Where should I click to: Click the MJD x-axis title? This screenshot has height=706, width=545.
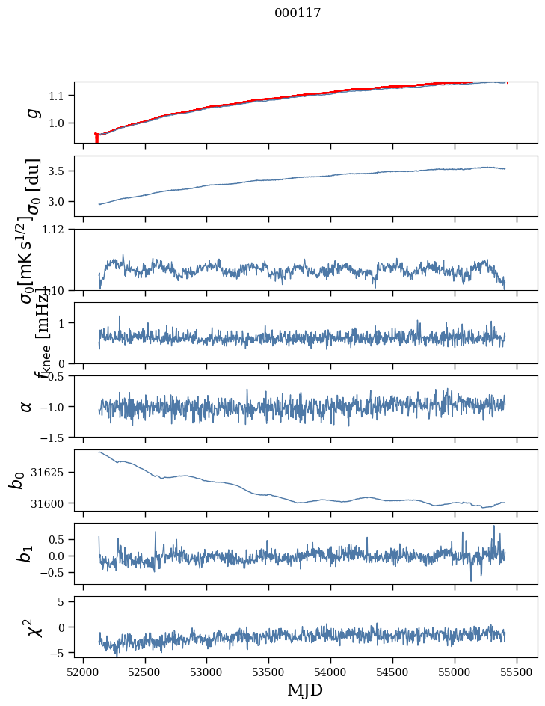click(305, 690)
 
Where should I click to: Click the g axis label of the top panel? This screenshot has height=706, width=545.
click(31, 112)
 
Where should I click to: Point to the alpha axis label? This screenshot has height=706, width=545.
click(27, 406)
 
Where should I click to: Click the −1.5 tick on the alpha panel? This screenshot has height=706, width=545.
click(57, 437)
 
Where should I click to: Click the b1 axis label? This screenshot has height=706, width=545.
click(27, 553)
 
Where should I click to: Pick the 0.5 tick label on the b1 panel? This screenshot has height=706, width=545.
click(58, 539)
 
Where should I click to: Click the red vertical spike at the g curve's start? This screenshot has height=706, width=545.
click(96, 138)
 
